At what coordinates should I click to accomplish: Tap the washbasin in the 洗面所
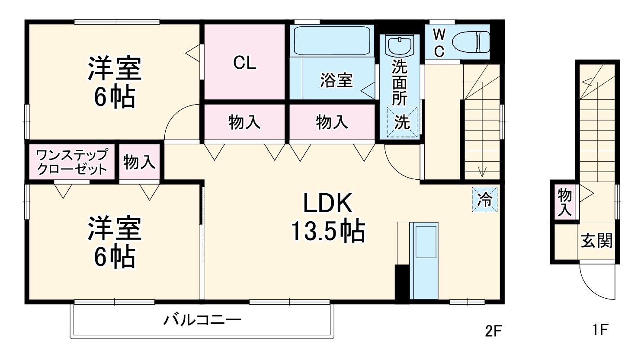tap(399, 45)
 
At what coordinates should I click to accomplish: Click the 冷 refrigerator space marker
tap(485, 200)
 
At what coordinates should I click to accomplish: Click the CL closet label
tap(244, 63)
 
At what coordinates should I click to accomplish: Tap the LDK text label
tap(327, 204)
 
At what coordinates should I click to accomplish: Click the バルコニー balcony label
tap(202, 320)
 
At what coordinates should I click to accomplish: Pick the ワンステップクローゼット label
tap(72, 162)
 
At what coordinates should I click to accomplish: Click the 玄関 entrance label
tap(596, 241)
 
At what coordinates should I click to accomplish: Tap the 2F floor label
tap(493, 331)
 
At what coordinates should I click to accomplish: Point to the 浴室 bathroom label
tap(336, 80)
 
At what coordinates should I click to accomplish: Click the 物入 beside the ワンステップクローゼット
tap(139, 162)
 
